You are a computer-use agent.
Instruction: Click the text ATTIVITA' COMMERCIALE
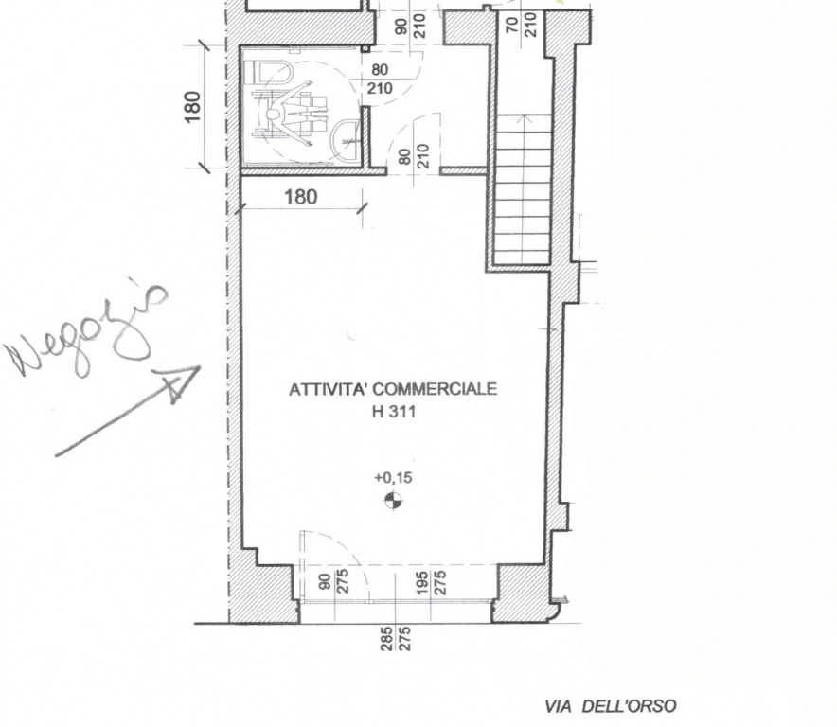[393, 389]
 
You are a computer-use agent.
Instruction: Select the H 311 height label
[394, 412]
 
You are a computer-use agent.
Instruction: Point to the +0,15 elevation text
[394, 477]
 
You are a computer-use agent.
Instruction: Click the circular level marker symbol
[394, 501]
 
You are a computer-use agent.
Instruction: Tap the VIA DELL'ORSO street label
[610, 707]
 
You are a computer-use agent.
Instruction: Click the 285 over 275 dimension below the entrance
[395, 638]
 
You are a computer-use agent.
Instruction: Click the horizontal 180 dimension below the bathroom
[301, 197]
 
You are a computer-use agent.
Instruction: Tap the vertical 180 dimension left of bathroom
[193, 107]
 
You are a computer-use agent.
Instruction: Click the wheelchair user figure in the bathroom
[291, 114]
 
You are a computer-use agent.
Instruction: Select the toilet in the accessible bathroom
[268, 73]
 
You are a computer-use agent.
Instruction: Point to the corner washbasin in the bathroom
[346, 140]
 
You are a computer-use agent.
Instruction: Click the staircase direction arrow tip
[523, 116]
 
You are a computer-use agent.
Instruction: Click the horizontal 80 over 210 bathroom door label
[380, 79]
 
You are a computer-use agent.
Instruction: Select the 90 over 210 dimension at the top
[411, 26]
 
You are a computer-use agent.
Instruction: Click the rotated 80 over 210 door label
[414, 156]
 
